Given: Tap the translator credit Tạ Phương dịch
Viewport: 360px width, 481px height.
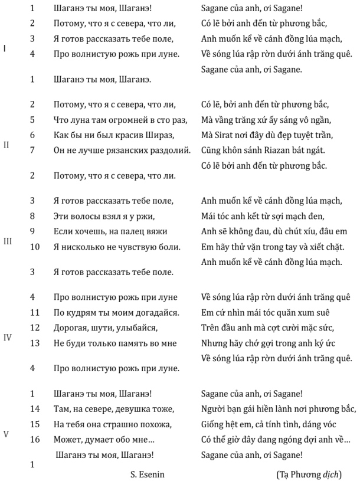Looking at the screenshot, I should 308,474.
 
